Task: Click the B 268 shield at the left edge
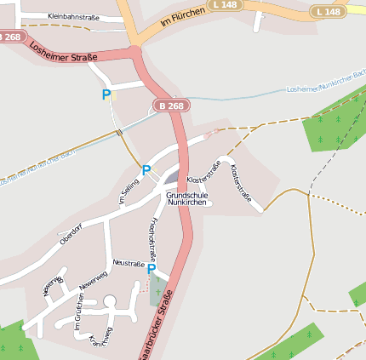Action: click(10, 37)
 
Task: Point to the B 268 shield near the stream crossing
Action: click(170, 106)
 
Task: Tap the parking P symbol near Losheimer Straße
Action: click(106, 95)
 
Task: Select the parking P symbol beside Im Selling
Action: click(146, 170)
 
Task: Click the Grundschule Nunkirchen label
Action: click(187, 199)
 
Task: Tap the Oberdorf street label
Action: click(71, 234)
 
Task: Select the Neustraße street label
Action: click(128, 264)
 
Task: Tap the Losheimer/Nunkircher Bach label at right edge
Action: click(326, 89)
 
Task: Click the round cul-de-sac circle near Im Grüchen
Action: click(109, 300)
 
